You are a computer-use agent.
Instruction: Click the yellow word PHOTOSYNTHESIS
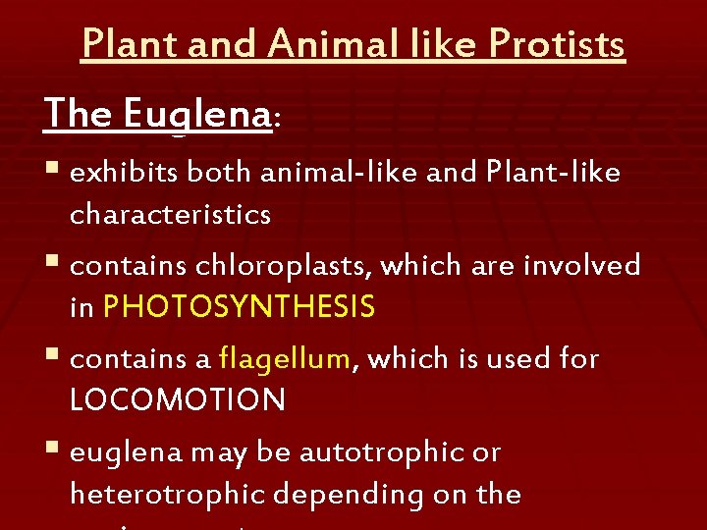[x=239, y=308]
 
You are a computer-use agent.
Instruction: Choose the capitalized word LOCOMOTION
[x=178, y=400]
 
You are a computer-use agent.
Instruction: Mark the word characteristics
[x=170, y=215]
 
